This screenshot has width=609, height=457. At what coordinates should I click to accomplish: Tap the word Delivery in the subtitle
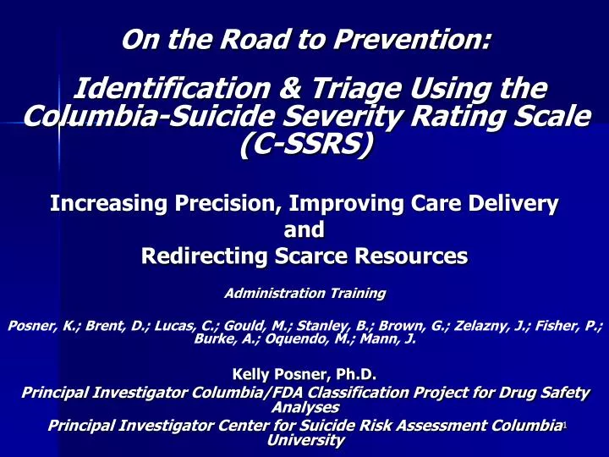point(512,204)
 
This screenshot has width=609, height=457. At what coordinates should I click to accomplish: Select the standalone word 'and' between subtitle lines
point(304,229)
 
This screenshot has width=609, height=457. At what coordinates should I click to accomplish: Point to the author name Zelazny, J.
point(475,323)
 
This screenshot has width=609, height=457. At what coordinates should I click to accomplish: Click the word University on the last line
point(304,440)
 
